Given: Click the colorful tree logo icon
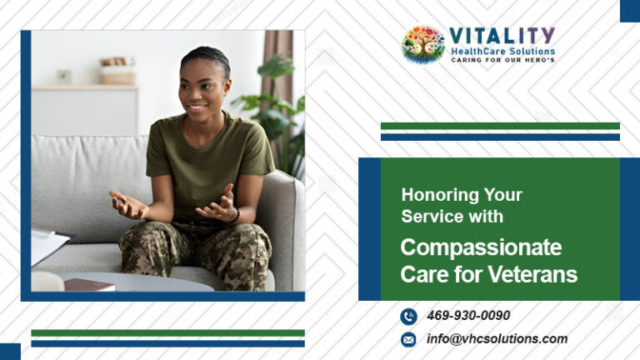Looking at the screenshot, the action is click(423, 44).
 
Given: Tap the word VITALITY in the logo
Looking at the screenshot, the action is click(502, 37).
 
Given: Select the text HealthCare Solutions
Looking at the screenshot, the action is click(502, 52).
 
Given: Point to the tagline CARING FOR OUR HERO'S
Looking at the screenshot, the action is click(502, 60).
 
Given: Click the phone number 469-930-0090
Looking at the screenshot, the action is click(468, 316).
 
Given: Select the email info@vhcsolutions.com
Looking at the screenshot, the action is click(497, 339).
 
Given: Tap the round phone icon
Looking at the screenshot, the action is click(408, 317).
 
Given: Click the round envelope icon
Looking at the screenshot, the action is click(408, 340).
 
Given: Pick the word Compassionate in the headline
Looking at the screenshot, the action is click(481, 248).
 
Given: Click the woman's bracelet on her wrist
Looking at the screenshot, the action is click(237, 216).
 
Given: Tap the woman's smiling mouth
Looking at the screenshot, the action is click(197, 108).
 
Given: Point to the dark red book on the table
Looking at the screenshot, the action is click(89, 285).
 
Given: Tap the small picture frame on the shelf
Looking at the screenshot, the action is click(64, 77).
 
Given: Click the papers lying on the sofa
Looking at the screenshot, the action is click(48, 246).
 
